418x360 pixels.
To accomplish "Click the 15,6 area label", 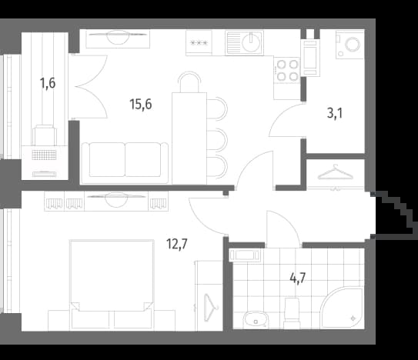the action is [141, 104].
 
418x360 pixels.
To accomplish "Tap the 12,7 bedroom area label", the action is [177, 244].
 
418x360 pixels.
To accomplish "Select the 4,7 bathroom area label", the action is [298, 278].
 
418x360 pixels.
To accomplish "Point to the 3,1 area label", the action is [335, 113].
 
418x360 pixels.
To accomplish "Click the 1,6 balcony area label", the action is [48, 83].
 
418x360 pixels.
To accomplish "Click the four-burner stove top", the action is [287, 70].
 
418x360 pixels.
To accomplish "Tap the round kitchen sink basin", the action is [251, 42].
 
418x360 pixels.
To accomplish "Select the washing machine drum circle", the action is [353, 45].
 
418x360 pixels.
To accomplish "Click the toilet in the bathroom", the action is [293, 313].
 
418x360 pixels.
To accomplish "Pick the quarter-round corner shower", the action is [343, 308].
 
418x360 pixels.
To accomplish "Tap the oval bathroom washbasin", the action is [256, 319].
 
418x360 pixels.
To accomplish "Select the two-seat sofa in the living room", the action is [125, 163].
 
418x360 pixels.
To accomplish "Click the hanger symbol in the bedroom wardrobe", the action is [211, 307].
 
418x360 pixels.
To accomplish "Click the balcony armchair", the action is [45, 135].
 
